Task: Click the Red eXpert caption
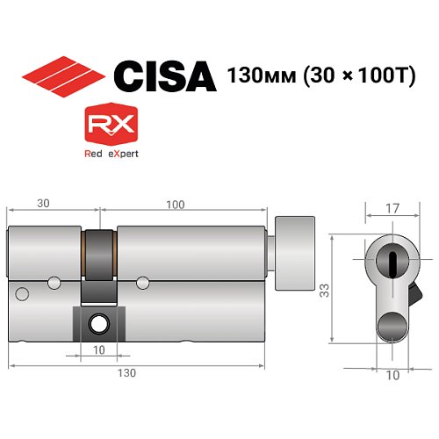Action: [x=109, y=154]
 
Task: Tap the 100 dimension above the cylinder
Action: [x=175, y=205]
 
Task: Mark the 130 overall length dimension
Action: [x=127, y=373]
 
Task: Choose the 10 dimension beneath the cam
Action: [x=97, y=349]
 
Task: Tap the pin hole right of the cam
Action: [x=142, y=282]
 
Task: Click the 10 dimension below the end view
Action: [x=392, y=375]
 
